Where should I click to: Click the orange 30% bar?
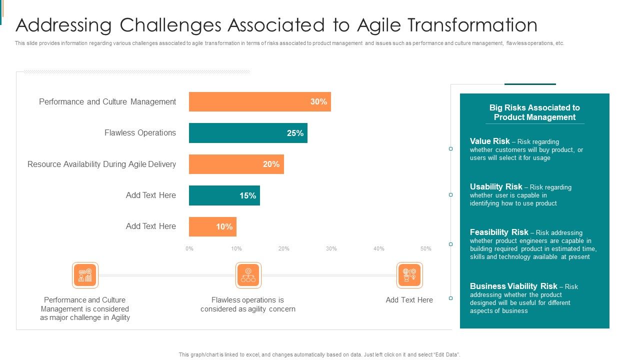pyautogui.click(x=259, y=101)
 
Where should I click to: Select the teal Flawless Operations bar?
pyautogui.click(x=248, y=133)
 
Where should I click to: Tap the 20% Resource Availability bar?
pyautogui.click(x=236, y=164)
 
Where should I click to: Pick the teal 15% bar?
pyautogui.click(x=224, y=195)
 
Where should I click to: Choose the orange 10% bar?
pyautogui.click(x=212, y=226)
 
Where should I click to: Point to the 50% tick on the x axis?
pyautogui.click(x=425, y=248)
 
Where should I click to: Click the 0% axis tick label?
pyautogui.click(x=189, y=248)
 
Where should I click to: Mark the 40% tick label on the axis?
pyautogui.click(x=378, y=248)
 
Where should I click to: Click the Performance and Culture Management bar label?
pyautogui.click(x=107, y=101)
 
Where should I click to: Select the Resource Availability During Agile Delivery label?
pyautogui.click(x=101, y=164)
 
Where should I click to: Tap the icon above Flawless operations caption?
pyautogui.click(x=248, y=275)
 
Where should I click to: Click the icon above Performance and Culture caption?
pyautogui.click(x=85, y=275)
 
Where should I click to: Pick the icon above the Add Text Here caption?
pyautogui.click(x=409, y=275)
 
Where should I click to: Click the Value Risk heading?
pyautogui.click(x=489, y=141)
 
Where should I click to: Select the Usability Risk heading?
pyautogui.click(x=495, y=186)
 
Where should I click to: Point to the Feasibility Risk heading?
pyautogui.click(x=498, y=232)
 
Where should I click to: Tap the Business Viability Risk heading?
pyautogui.click(x=513, y=286)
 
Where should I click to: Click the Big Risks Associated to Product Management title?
pyautogui.click(x=534, y=112)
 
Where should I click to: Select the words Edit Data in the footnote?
pyautogui.click(x=446, y=354)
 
